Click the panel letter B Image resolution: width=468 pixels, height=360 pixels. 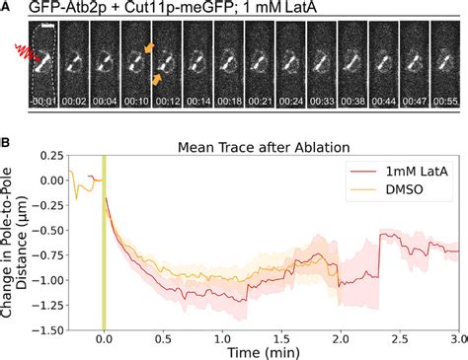pyautogui.click(x=6, y=125)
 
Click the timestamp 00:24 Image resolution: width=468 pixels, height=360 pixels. pyautogui.click(x=286, y=100)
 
